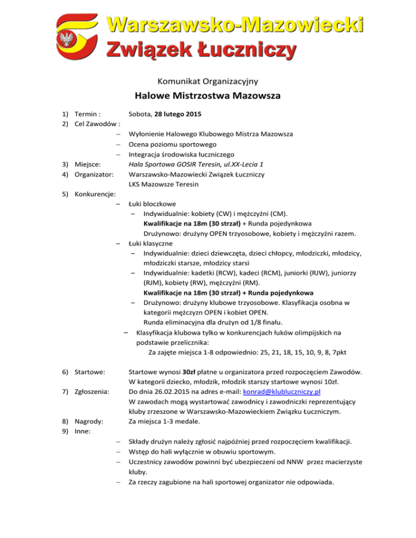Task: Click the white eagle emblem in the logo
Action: tap(68, 40)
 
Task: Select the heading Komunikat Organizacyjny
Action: tap(207, 81)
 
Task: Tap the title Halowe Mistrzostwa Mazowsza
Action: tap(207, 97)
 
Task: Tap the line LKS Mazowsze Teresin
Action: tap(163, 185)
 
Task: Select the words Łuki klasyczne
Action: tap(150, 243)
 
